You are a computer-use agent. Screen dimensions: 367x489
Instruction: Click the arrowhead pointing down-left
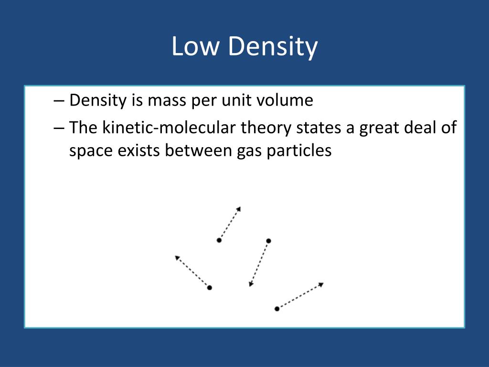point(251,285)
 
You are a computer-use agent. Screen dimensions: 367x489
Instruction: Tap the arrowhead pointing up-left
point(177,258)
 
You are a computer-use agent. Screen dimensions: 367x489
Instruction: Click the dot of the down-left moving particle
point(268,240)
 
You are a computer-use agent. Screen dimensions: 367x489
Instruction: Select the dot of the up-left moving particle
point(209,288)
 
